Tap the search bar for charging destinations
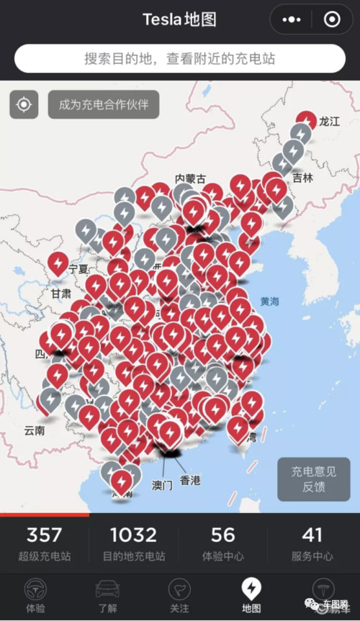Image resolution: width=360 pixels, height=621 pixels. (179, 58)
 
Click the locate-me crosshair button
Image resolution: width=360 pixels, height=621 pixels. (24, 104)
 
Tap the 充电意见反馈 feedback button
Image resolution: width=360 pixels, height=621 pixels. (313, 479)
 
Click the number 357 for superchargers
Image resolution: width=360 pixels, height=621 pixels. (44, 535)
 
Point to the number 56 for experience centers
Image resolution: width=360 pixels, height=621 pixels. (223, 535)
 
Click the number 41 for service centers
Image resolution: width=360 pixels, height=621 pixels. (312, 535)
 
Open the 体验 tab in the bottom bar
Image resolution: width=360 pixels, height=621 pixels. (35, 596)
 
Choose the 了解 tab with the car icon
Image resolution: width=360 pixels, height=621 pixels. (107, 596)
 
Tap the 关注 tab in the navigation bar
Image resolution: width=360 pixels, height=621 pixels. (179, 596)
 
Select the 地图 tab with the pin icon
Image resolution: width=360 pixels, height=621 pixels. (251, 596)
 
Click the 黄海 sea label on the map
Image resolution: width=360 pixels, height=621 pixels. (271, 302)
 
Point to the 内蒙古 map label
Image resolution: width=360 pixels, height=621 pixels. (190, 178)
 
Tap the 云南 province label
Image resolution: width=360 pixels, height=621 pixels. (34, 430)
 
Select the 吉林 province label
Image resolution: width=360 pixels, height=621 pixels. (303, 178)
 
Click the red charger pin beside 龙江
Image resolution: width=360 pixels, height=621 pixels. (307, 121)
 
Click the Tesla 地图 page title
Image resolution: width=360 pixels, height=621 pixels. (179, 19)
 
